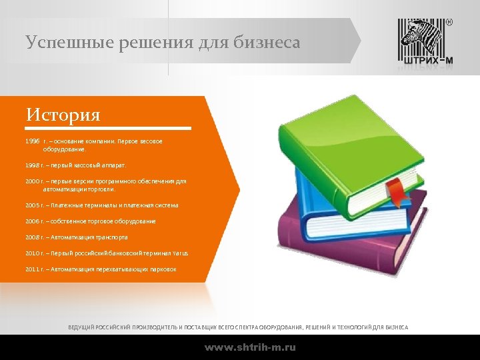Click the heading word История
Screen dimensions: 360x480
[63, 115]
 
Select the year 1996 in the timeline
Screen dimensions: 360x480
[33, 141]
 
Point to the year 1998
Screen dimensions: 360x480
[33, 164]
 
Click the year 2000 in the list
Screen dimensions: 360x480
[33, 181]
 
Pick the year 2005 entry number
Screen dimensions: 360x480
[33, 205]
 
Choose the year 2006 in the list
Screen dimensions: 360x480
[33, 221]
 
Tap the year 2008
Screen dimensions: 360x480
[33, 237]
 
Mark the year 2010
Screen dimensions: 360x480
[33, 253]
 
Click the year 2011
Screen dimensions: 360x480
[33, 269]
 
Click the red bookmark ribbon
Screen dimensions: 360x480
[396, 190]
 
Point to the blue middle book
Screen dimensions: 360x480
[313, 193]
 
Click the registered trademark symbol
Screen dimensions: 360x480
[449, 22]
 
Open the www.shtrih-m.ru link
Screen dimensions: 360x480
[250, 347]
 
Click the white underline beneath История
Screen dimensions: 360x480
[109, 128]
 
